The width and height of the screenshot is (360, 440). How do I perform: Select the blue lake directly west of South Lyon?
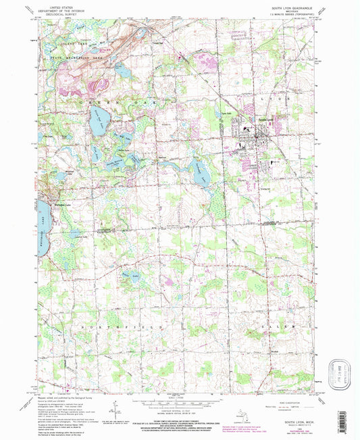200,173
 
